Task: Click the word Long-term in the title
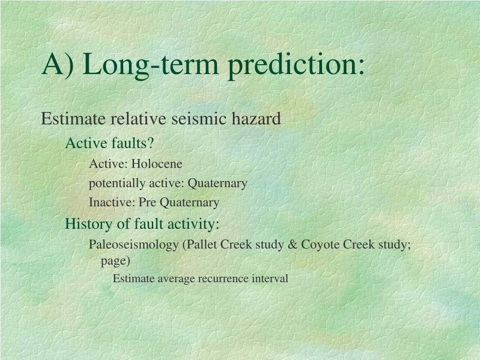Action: (x=150, y=65)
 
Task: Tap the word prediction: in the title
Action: (x=296, y=65)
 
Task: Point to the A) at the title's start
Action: (x=58, y=65)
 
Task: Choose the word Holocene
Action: (x=157, y=164)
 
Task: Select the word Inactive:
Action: (x=112, y=202)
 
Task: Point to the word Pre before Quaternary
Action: (x=147, y=202)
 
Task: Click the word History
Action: (x=89, y=224)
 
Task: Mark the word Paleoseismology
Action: (x=134, y=245)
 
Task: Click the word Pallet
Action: (x=201, y=245)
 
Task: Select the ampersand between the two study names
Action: (x=292, y=245)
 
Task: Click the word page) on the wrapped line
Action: (x=116, y=261)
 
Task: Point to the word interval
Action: (x=270, y=278)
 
